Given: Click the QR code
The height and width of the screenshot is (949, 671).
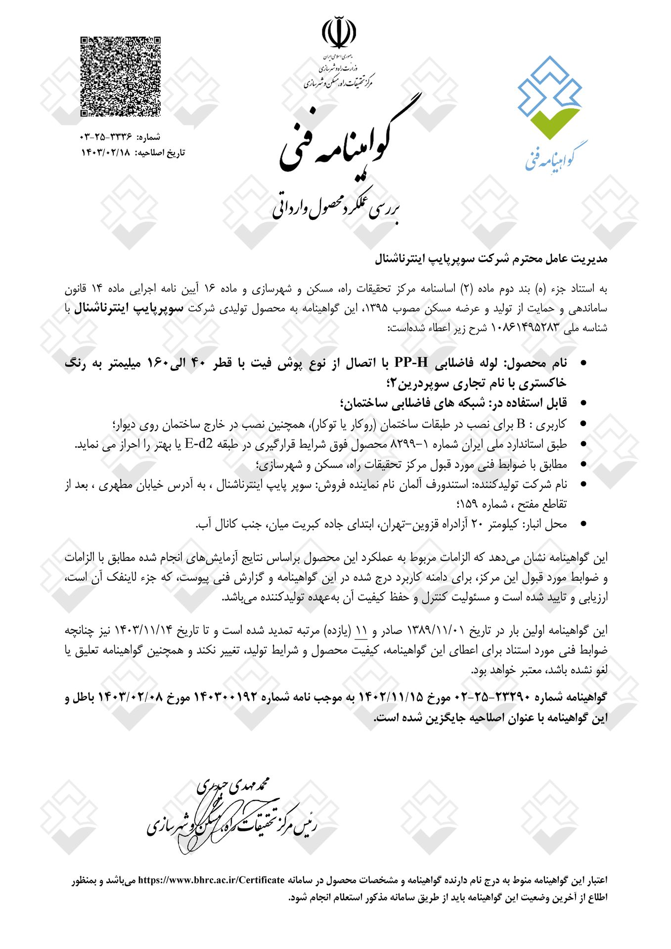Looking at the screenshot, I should point(121,77).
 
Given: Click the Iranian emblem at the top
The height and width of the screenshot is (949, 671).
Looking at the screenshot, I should point(339,32).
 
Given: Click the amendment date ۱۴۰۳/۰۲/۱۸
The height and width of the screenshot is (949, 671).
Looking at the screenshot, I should point(106,153).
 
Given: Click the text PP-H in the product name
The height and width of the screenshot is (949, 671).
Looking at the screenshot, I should point(411,363).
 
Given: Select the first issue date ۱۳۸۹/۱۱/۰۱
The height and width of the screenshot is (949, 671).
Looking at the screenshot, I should point(436,631).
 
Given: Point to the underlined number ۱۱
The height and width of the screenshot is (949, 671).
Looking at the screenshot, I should point(361,631).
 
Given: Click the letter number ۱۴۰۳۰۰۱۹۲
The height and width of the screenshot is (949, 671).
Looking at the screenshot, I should point(226,697).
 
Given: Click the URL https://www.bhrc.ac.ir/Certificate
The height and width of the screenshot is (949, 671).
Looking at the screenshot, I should point(211,880).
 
